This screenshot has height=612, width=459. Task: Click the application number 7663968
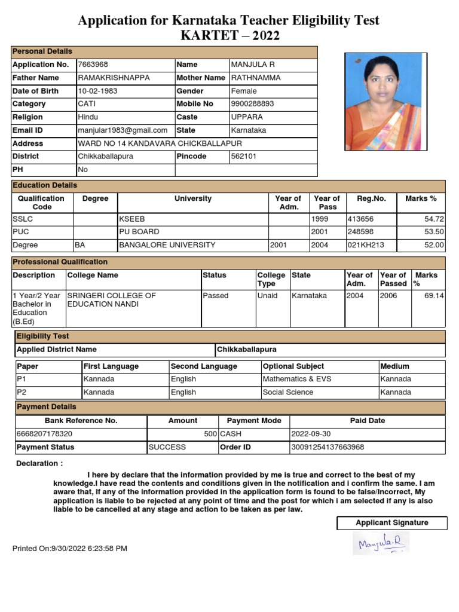[x=93, y=65]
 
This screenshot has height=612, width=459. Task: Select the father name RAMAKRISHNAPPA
[x=114, y=78]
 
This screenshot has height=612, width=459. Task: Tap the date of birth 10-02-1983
[x=99, y=91]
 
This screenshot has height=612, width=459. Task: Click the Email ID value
[x=123, y=130]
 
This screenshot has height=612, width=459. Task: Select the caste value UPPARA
[x=245, y=117]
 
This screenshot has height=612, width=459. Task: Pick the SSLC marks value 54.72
[x=434, y=219]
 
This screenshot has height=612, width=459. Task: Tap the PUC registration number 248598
[x=360, y=232]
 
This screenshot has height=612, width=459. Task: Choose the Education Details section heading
[x=45, y=186]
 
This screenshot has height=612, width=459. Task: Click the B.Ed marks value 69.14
[x=434, y=296]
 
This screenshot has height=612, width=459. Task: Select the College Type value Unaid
[x=267, y=296]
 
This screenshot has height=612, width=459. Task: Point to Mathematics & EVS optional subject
[x=297, y=380]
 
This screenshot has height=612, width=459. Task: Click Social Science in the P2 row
[x=287, y=393]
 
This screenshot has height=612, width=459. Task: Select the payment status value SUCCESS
[x=167, y=447]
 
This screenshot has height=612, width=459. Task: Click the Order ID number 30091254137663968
[x=328, y=447]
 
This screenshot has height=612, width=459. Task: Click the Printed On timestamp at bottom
[x=70, y=549]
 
